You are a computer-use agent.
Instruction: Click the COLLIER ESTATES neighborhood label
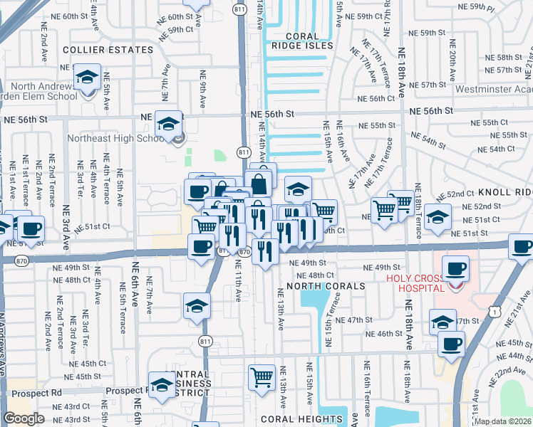pos(108,50)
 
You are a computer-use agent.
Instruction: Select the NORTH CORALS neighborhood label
pos(326,286)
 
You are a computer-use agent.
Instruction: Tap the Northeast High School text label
pos(121,139)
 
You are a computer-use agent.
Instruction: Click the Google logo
pos(24,418)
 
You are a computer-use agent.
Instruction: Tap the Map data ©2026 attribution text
pos(503,421)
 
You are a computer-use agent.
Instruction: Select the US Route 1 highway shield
pos(494,311)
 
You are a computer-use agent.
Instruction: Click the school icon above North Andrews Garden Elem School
pos(88,77)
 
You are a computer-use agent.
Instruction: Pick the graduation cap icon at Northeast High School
pos(169,125)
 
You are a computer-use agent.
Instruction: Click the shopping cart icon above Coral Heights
pos(262,377)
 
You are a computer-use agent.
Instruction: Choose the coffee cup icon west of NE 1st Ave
pos(30,229)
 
